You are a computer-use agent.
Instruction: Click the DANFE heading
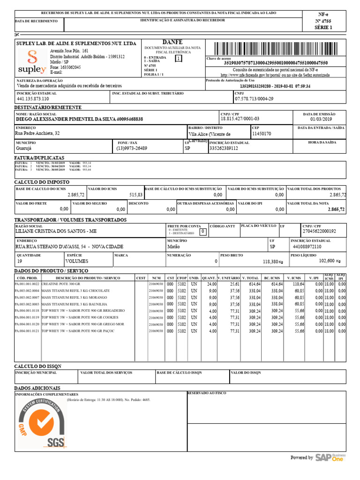[x=172, y=42]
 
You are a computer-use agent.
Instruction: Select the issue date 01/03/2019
[x=321, y=120]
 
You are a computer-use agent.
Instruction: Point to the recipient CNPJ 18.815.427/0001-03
[x=240, y=119]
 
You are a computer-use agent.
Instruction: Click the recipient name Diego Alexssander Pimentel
[x=79, y=120]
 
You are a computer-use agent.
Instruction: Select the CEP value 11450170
[x=262, y=134]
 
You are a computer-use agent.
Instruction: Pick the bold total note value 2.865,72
[x=336, y=210]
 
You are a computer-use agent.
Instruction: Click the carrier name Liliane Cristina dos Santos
[x=56, y=232]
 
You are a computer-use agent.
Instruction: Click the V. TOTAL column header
[x=250, y=278]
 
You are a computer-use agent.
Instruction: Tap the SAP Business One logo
[x=330, y=457]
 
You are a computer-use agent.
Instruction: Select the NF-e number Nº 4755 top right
[x=322, y=21]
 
